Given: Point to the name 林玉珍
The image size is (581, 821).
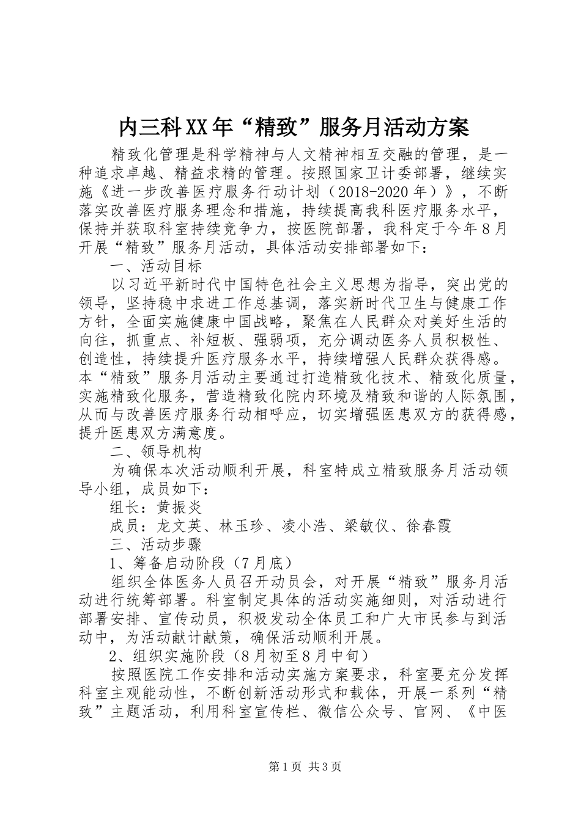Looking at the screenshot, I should point(242,525).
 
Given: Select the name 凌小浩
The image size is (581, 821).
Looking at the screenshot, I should point(305,525).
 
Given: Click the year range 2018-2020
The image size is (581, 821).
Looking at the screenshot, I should point(372,192).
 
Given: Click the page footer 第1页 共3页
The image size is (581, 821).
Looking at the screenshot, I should point(305,767).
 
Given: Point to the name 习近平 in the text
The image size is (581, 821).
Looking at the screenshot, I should point(150,285).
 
